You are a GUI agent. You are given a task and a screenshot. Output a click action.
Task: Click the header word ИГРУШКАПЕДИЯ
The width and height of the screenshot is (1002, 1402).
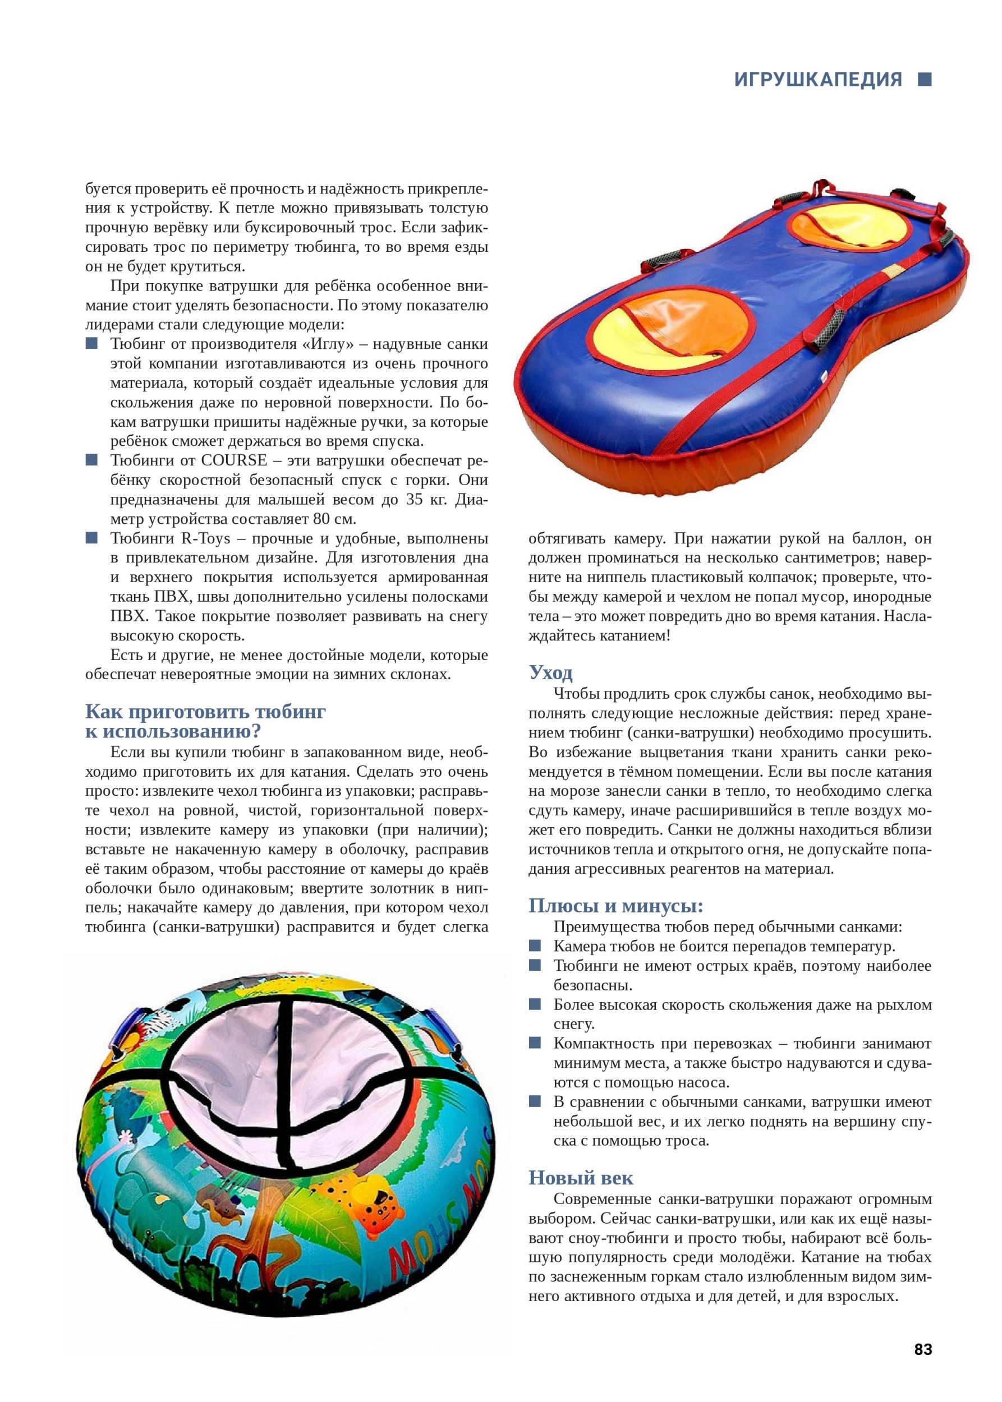pyautogui.click(x=817, y=80)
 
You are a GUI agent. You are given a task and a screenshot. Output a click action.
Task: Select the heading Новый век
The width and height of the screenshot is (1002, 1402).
pyautogui.click(x=581, y=1178)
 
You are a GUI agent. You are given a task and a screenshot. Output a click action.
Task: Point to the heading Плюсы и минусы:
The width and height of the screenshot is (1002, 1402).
pyautogui.click(x=616, y=906)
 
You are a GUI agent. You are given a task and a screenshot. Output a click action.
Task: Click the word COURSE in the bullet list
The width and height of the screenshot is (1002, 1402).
pyautogui.click(x=235, y=460)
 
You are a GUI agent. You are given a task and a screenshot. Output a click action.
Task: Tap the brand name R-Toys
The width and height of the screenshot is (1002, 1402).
pyautogui.click(x=205, y=538)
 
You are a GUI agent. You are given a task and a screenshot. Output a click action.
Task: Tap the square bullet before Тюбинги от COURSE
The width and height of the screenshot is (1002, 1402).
pyautogui.click(x=92, y=460)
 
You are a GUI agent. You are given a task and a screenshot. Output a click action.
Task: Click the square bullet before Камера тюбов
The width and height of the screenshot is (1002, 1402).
pyautogui.click(x=535, y=946)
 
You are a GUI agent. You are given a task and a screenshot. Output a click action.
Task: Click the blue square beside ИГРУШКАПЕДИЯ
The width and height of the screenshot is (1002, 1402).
pyautogui.click(x=924, y=80)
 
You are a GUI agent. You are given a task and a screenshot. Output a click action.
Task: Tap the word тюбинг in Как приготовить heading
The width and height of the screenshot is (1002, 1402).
pyautogui.click(x=290, y=712)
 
